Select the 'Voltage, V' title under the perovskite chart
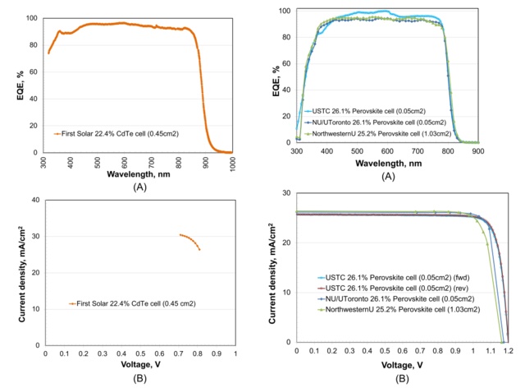(401, 363)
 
